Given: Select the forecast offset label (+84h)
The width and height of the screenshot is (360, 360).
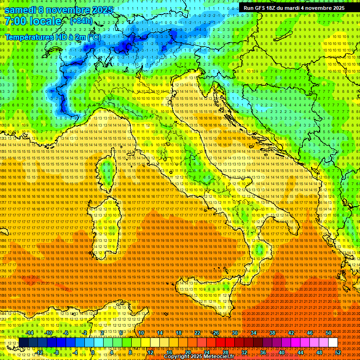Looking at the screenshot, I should pyautogui.click(x=81, y=21).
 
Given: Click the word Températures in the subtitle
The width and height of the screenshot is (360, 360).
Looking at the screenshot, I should pyautogui.click(x=28, y=37).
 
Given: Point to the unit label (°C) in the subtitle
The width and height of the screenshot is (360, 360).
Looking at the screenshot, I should pyautogui.click(x=94, y=37).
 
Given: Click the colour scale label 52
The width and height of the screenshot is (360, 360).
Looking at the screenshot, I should pyautogui.click(x=338, y=352).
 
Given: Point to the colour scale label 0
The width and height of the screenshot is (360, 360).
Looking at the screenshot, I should pyautogui.click(x=93, y=352).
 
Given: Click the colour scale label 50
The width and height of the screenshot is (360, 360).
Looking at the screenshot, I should pyautogui.click(x=329, y=333).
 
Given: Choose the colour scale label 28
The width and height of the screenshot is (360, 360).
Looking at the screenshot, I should pyautogui.click(x=225, y=352).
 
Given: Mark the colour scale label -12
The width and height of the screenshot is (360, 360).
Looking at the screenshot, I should pyautogui.click(x=39, y=352).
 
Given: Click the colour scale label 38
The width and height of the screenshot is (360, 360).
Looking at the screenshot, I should pyautogui.click(x=272, y=333).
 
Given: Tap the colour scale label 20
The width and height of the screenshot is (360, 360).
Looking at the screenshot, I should pyautogui.click(x=187, y=352).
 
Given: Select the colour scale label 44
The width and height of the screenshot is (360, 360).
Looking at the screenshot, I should pyautogui.click(x=300, y=352).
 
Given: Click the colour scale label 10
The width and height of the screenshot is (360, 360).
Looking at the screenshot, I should pyautogui.click(x=141, y=333).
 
